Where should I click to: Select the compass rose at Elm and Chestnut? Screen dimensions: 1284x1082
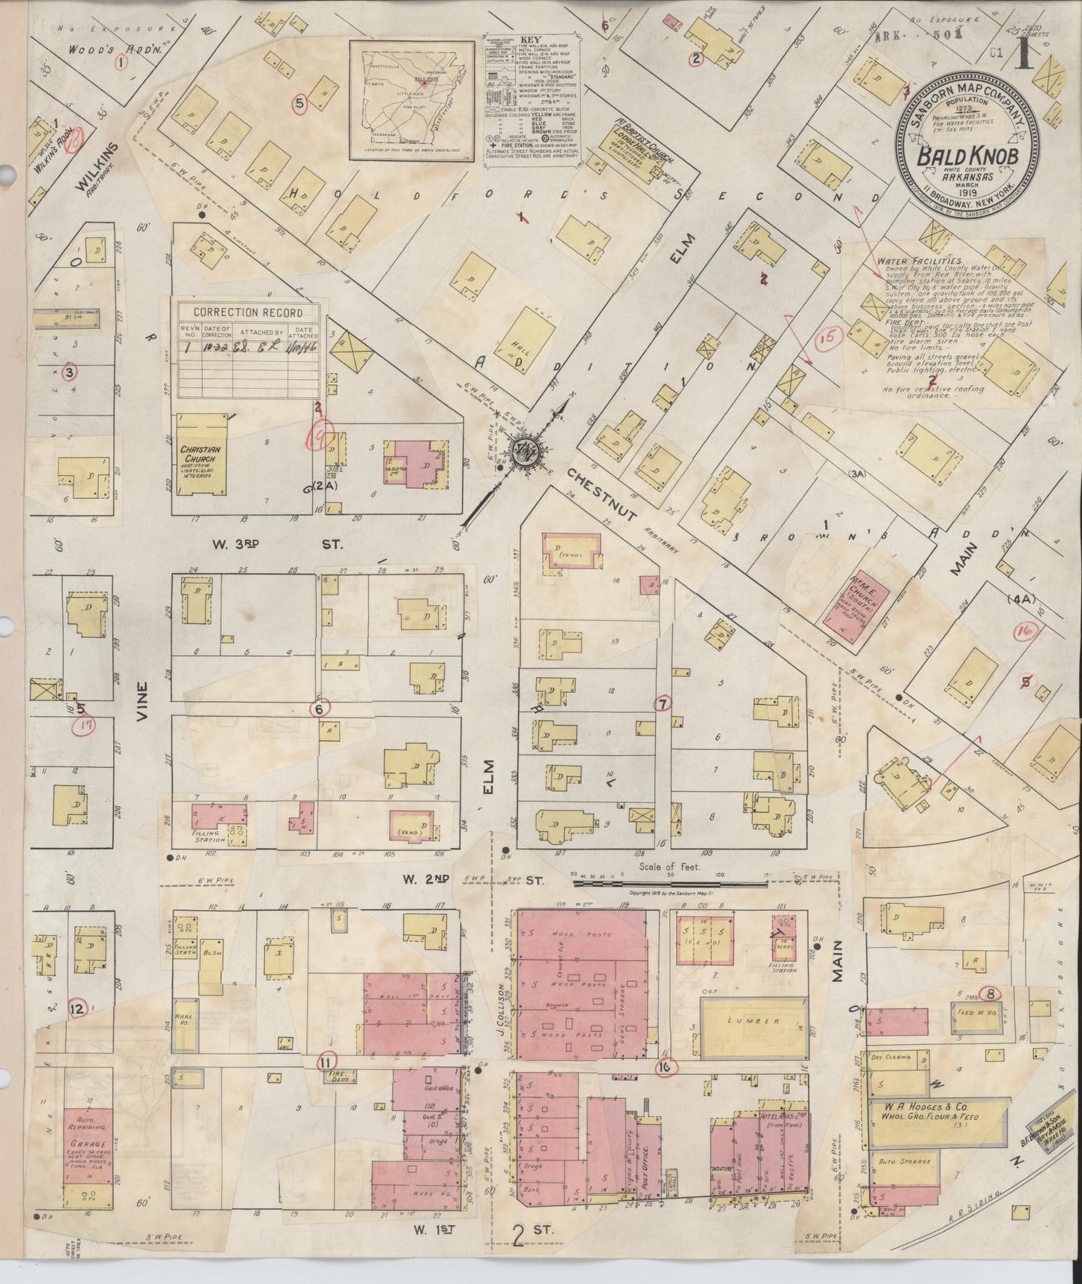(522, 449)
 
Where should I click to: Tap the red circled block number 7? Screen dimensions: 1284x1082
(662, 703)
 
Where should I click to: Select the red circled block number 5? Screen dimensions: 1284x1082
(300, 104)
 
